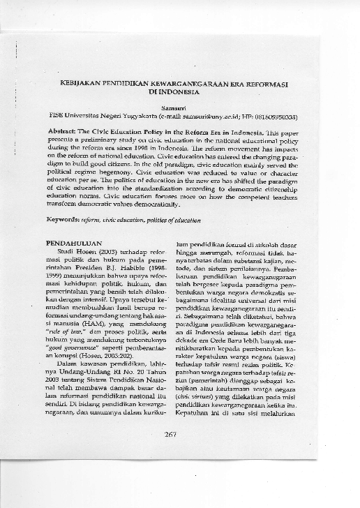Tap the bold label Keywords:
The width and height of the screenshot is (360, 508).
click(x=60, y=219)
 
